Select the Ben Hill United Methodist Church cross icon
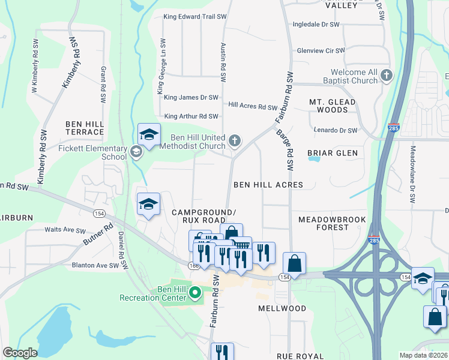pyautogui.click(x=235, y=142)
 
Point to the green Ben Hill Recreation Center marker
pyautogui.click(x=194, y=293)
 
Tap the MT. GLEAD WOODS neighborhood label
pyautogui.click(x=332, y=106)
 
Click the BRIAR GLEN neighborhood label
pyautogui.click(x=332, y=153)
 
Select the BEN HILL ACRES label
pyautogui.click(x=268, y=185)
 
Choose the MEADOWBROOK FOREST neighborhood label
pyautogui.click(x=332, y=223)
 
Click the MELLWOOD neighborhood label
pyautogui.click(x=282, y=308)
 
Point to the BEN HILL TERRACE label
pyautogui.click(x=85, y=128)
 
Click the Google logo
pyautogui.click(x=20, y=353)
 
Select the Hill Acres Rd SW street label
pyautogui.click(x=253, y=106)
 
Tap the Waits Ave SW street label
pyautogui.click(x=65, y=230)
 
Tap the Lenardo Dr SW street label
pyautogui.click(x=335, y=130)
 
